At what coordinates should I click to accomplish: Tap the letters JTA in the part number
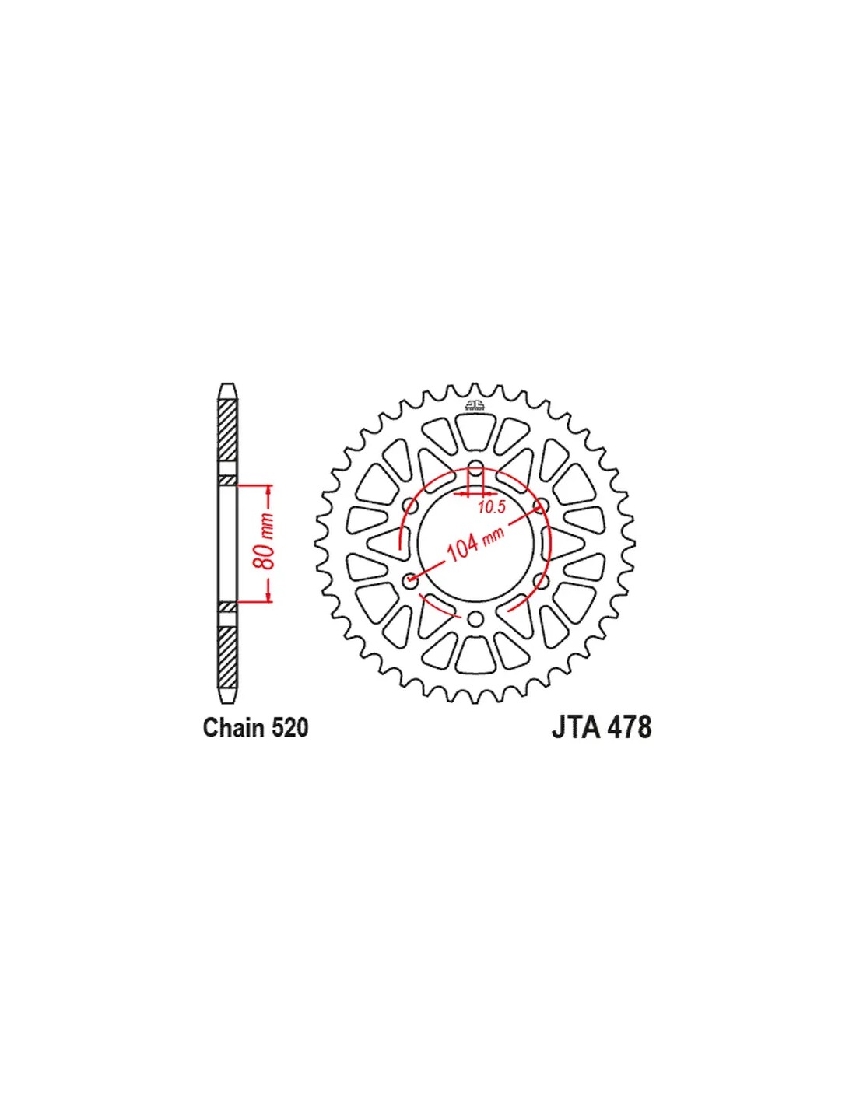(x=575, y=728)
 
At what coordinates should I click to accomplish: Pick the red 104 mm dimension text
(x=475, y=544)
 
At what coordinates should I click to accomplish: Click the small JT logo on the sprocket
(x=475, y=404)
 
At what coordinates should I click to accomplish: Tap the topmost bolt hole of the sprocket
(x=476, y=467)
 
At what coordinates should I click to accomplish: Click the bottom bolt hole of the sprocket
(x=476, y=619)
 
